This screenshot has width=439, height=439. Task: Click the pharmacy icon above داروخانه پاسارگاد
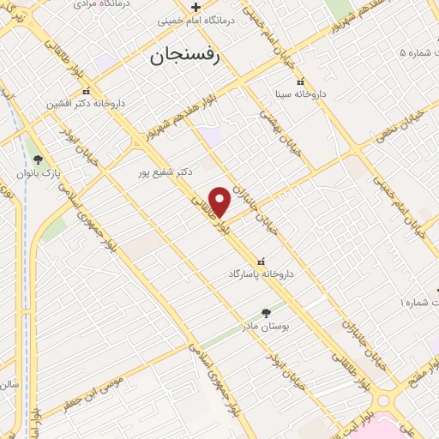click(x=261, y=261)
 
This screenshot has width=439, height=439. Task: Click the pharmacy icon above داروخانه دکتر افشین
click(x=85, y=90)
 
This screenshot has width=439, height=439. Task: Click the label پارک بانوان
click(x=37, y=173)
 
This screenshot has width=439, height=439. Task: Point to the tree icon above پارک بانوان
click(x=37, y=159)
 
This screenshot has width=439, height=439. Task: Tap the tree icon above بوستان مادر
click(x=265, y=314)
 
